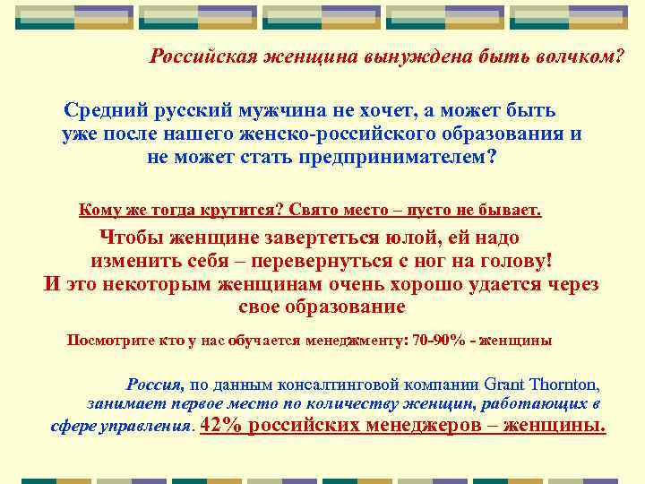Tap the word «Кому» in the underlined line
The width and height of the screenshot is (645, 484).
(x=99, y=211)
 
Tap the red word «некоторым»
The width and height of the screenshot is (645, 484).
(x=170, y=284)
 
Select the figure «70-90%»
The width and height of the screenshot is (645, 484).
(x=443, y=341)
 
